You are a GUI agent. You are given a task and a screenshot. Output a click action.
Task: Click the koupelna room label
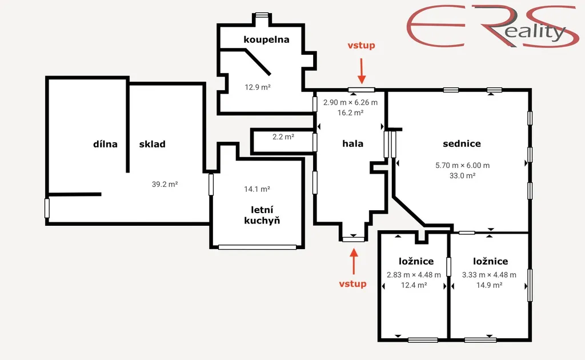266,40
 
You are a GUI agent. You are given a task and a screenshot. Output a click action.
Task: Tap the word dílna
105,144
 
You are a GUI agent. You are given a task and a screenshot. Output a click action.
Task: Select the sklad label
152,144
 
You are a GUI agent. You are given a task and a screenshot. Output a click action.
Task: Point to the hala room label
353,143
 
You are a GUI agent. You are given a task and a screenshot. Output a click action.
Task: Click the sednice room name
462,143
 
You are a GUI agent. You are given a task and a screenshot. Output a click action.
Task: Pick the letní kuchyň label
262,215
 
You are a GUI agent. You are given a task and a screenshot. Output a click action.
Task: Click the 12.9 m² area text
258,87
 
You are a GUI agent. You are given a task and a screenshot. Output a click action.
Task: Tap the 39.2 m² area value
165,185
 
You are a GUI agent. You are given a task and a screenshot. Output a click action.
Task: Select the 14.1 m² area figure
257,189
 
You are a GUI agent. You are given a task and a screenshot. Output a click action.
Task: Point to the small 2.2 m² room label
283,137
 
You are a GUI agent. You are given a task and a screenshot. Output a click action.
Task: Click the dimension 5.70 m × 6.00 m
462,165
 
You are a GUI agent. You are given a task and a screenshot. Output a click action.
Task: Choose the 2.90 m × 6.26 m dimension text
350,102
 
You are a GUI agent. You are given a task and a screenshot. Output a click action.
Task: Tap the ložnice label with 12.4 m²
416,261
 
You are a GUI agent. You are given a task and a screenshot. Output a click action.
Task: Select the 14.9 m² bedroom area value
489,285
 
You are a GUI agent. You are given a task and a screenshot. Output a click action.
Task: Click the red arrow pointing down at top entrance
361,71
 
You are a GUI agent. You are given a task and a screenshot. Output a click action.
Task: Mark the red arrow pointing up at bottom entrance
354,261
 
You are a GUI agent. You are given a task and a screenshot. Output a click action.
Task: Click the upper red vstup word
361,46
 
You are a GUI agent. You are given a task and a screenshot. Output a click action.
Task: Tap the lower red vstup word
352,284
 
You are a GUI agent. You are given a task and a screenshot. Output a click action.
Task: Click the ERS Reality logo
492,26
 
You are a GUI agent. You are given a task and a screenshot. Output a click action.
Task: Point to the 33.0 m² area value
462,175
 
